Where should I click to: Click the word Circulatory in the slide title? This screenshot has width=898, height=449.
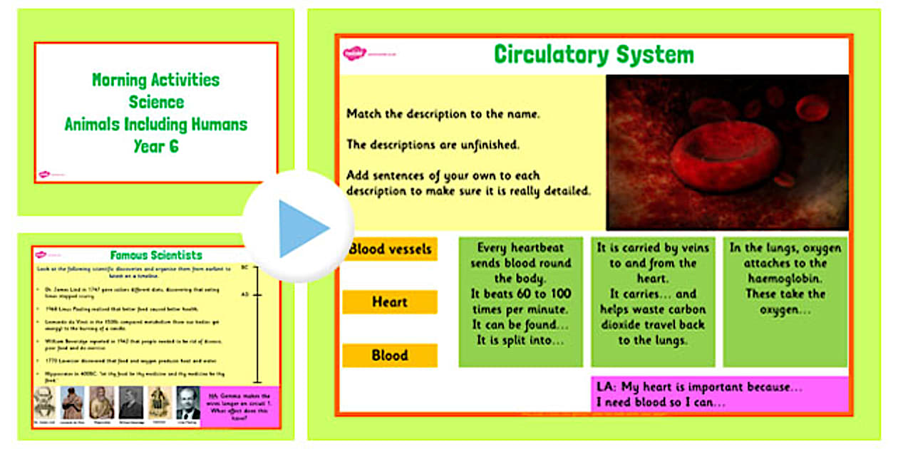pyautogui.click(x=552, y=55)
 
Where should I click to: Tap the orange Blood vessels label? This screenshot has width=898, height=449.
pyautogui.click(x=390, y=249)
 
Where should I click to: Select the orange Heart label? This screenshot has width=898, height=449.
pyautogui.click(x=390, y=302)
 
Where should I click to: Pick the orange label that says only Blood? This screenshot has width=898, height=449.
pyautogui.click(x=390, y=355)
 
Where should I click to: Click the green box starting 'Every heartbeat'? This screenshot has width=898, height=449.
pyautogui.click(x=520, y=301)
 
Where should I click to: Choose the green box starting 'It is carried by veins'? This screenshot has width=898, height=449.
pyautogui.click(x=652, y=301)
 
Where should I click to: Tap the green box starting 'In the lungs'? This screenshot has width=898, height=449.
pyautogui.click(x=785, y=301)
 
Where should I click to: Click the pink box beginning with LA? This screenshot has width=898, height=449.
pyautogui.click(x=720, y=394)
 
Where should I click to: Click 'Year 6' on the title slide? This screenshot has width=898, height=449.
pyautogui.click(x=155, y=147)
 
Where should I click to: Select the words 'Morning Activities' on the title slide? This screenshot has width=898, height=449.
pyautogui.click(x=155, y=80)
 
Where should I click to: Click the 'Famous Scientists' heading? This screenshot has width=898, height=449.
pyautogui.click(x=156, y=255)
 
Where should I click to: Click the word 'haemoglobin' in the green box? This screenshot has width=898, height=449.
pyautogui.click(x=785, y=279)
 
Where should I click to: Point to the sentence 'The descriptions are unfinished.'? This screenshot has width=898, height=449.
pyautogui.click(x=433, y=145)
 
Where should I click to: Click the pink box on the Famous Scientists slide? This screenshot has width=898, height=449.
pyautogui.click(x=240, y=406)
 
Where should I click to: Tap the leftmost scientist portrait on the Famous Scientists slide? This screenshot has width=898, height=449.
pyautogui.click(x=44, y=403)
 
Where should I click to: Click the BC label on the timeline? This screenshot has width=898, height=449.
pyautogui.click(x=244, y=268)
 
